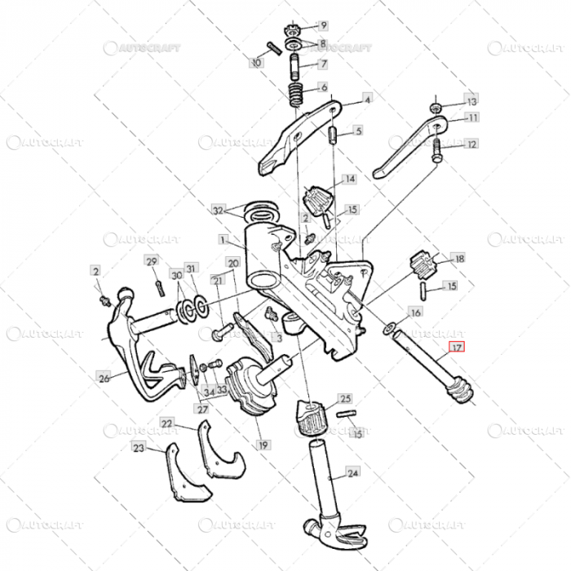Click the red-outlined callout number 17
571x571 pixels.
457,347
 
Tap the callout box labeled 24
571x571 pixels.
352,472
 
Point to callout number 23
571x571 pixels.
139,447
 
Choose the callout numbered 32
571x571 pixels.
217,210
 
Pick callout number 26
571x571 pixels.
104,378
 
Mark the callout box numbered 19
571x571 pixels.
263,445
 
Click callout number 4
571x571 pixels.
367,100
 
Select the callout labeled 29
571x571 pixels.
151,261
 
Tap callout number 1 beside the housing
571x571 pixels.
223,240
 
